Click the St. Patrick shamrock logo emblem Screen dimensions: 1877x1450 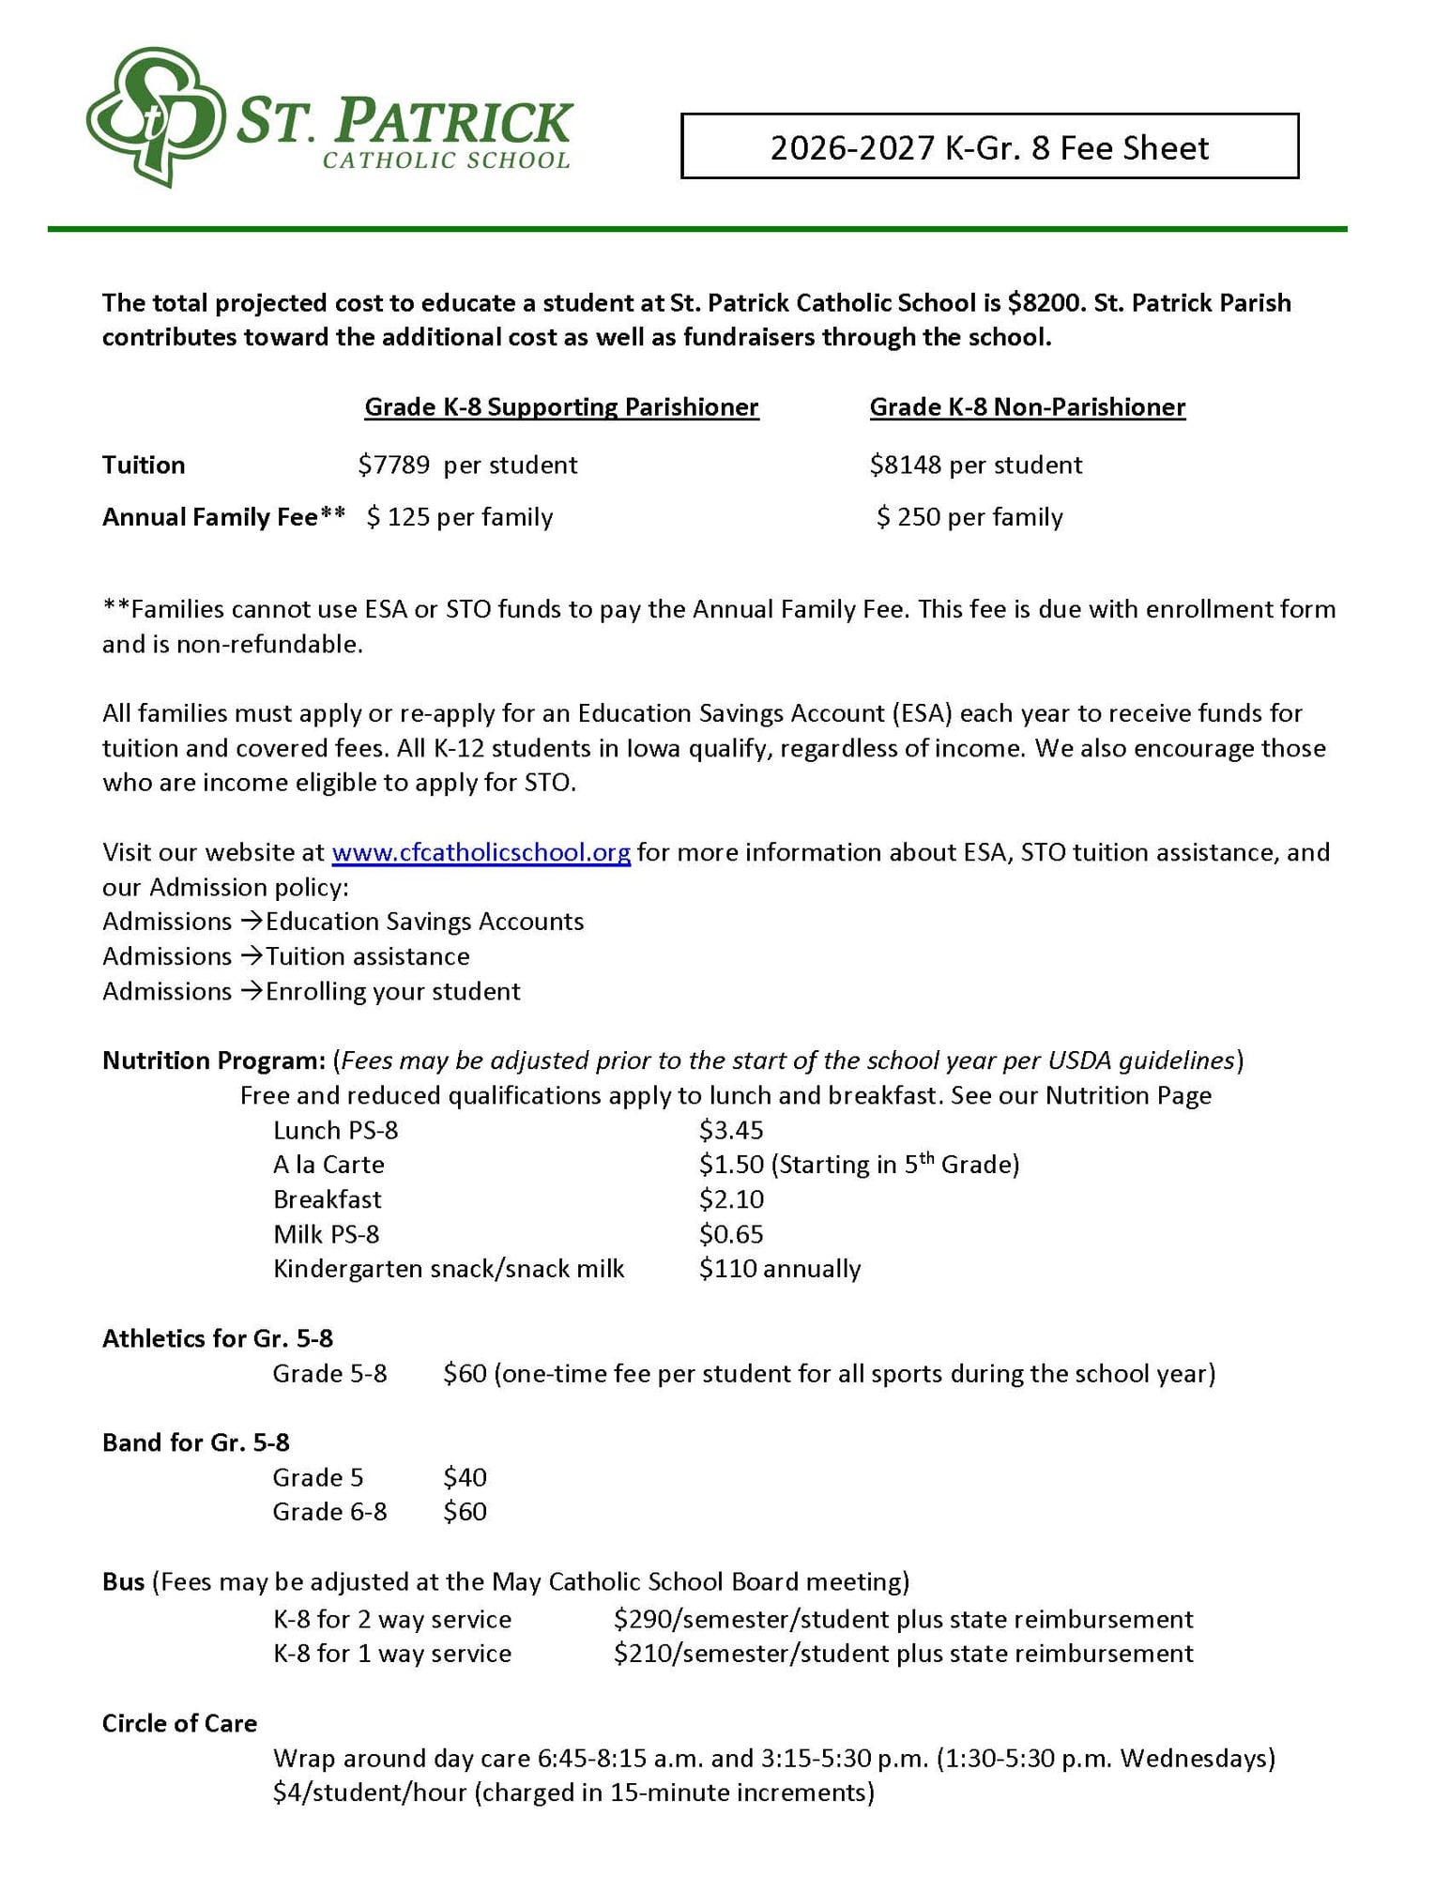pos(155,116)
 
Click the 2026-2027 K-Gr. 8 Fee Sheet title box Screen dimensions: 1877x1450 pos(988,146)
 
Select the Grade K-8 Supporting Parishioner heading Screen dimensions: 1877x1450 pos(560,406)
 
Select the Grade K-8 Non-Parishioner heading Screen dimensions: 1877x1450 pos(1027,406)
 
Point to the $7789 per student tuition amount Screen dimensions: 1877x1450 pos(466,465)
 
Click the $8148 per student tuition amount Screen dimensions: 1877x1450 pos(975,465)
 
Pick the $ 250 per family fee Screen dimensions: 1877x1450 pos(969,517)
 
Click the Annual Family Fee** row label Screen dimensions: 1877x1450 pos(223,517)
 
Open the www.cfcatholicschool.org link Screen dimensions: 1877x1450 pos(481,852)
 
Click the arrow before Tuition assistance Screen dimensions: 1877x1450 pos(251,955)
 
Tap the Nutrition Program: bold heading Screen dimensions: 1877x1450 pos(213,1061)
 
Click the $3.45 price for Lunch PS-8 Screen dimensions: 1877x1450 pos(730,1130)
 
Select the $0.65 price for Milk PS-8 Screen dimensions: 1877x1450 pos(730,1234)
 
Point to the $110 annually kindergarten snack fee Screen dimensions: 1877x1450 pos(779,1269)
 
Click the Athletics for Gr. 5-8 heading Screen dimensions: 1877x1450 pos(217,1338)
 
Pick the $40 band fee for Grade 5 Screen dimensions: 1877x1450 pos(465,1477)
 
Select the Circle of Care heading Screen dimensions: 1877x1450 pos(179,1723)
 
